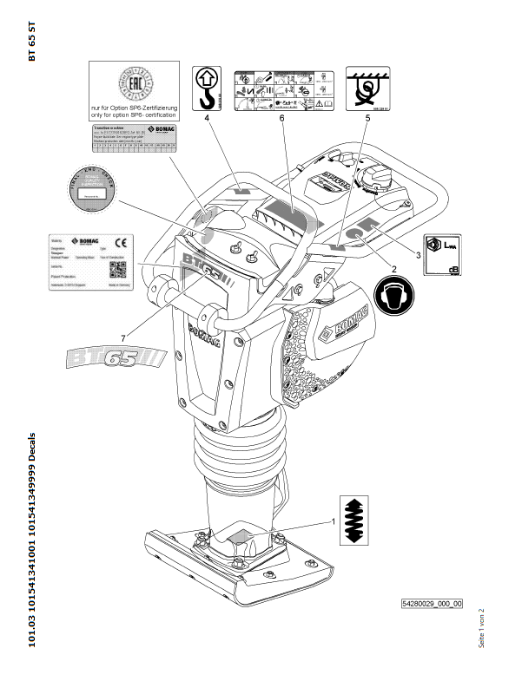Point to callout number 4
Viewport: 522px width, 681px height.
208,116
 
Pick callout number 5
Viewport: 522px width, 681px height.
367,116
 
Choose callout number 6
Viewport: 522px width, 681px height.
282,116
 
